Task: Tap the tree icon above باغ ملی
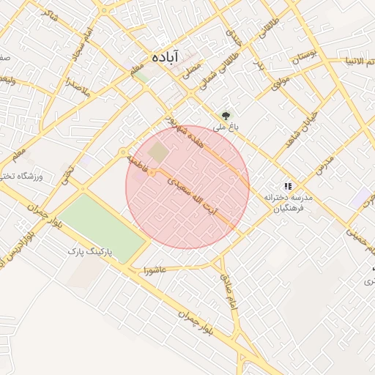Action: [226, 116]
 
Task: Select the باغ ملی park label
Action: [220, 127]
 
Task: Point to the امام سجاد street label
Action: [81, 44]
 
